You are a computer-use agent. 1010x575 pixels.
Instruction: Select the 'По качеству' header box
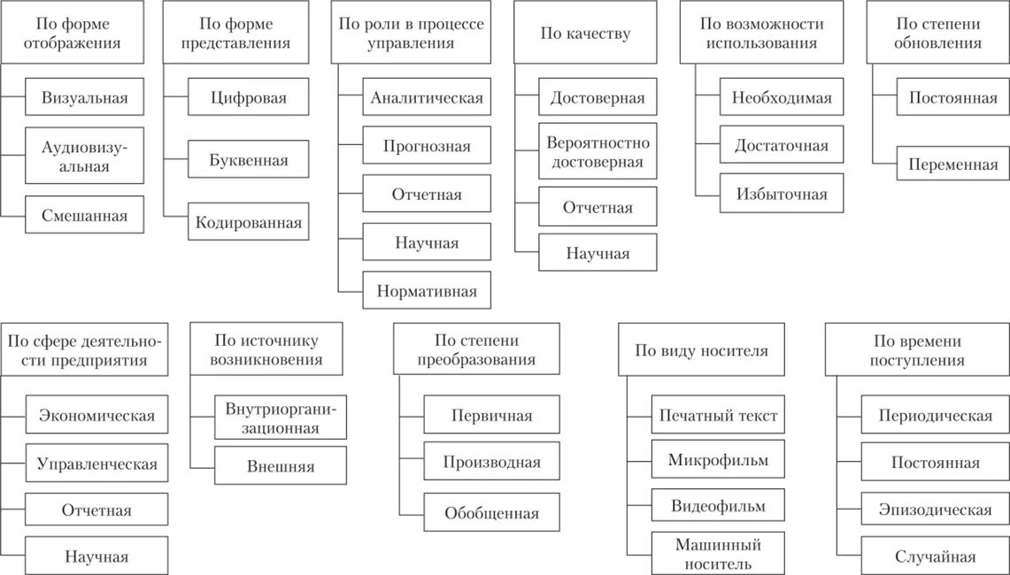point(585,34)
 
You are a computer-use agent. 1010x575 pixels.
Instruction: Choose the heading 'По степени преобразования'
point(476,350)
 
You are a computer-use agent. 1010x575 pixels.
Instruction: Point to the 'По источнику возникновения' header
point(266,350)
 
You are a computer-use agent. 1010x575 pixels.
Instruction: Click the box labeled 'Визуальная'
point(84,98)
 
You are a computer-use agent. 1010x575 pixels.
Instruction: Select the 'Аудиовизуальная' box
point(84,156)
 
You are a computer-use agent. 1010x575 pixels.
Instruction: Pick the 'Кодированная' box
point(249,223)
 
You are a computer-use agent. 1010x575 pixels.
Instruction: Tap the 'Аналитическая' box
point(427,98)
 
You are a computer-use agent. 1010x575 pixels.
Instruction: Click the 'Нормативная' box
point(427,290)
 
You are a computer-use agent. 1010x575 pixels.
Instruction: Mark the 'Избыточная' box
point(782,194)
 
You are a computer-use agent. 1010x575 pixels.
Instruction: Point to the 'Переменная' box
point(952,165)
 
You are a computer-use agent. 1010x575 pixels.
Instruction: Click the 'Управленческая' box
point(96,464)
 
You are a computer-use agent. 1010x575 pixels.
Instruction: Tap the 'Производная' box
point(491,462)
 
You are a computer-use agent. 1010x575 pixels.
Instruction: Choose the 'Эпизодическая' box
point(935,510)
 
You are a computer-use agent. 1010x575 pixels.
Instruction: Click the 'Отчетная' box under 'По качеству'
point(598,208)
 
